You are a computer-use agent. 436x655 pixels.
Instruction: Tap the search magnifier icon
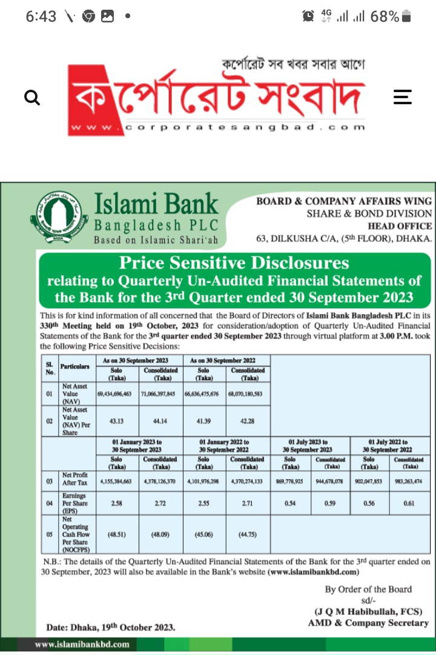[32, 97]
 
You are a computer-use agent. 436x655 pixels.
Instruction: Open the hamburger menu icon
[403, 97]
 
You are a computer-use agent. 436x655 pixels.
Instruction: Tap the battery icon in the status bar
[406, 16]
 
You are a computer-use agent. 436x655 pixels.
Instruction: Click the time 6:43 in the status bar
[41, 16]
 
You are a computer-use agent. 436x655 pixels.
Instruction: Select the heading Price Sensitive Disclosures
[234, 263]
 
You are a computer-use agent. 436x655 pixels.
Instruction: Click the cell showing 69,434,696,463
[118, 393]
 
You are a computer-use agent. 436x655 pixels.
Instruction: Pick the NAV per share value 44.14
[160, 420]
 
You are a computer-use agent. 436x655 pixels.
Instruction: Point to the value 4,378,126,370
[160, 482]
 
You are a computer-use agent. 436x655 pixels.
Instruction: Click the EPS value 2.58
[118, 504]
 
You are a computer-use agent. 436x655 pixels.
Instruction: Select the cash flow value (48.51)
[118, 535]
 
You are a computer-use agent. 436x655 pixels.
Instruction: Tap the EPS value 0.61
[409, 504]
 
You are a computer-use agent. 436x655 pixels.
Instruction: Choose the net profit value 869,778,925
[291, 482]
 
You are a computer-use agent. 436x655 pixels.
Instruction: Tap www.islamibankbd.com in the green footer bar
[82, 645]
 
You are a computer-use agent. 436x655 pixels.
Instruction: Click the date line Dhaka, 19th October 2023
[111, 627]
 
